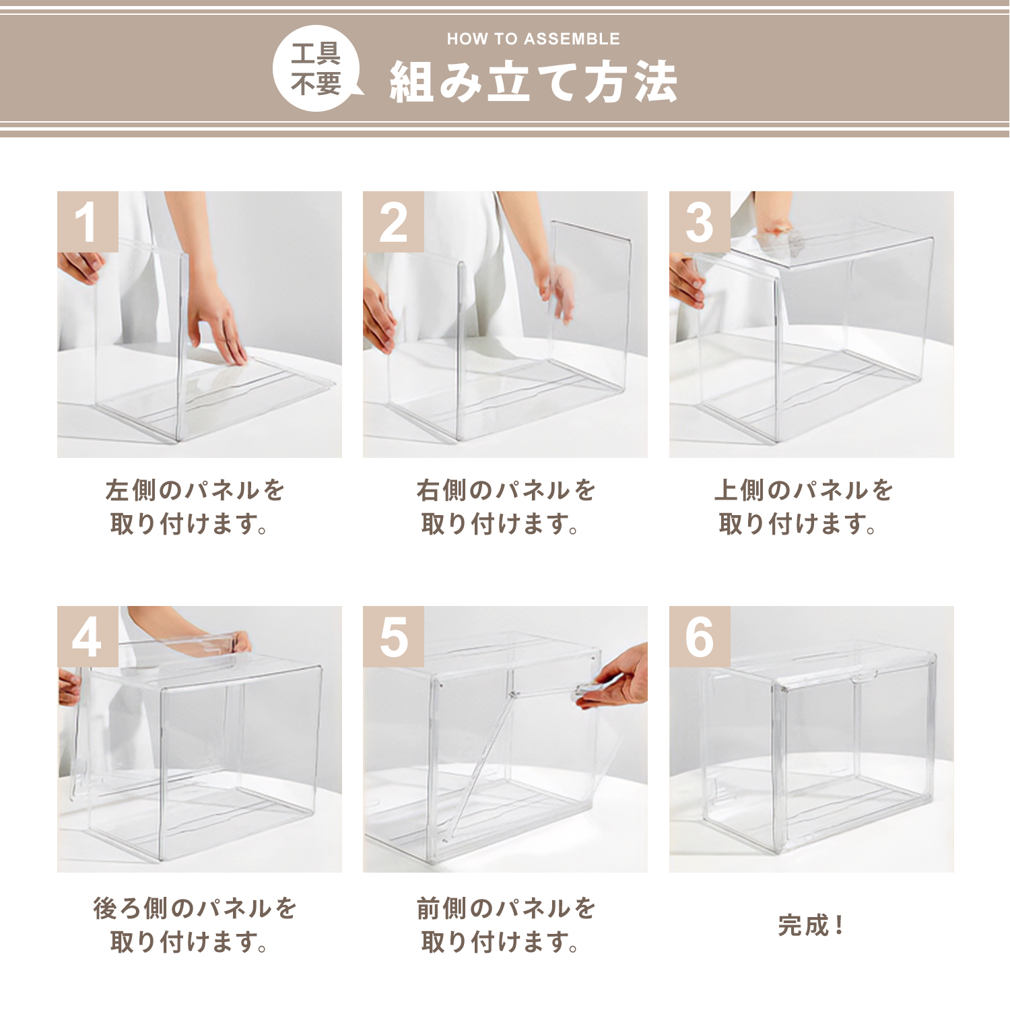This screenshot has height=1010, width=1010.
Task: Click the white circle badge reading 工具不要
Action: pyautogui.click(x=316, y=68)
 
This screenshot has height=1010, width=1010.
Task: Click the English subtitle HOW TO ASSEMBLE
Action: pyautogui.click(x=533, y=39)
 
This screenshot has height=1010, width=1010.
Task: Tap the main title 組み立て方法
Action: pyautogui.click(x=533, y=82)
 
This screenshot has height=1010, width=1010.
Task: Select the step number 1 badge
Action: pyautogui.click(x=88, y=222)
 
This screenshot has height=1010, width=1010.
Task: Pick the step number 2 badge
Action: pyautogui.click(x=393, y=222)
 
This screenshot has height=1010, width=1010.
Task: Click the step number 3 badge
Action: pyautogui.click(x=700, y=222)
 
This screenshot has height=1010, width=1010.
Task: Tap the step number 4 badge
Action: pyautogui.click(x=88, y=636)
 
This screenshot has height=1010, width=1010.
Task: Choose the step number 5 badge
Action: pyautogui.click(x=393, y=636)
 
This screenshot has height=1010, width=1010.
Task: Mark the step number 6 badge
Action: pyautogui.click(x=700, y=636)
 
